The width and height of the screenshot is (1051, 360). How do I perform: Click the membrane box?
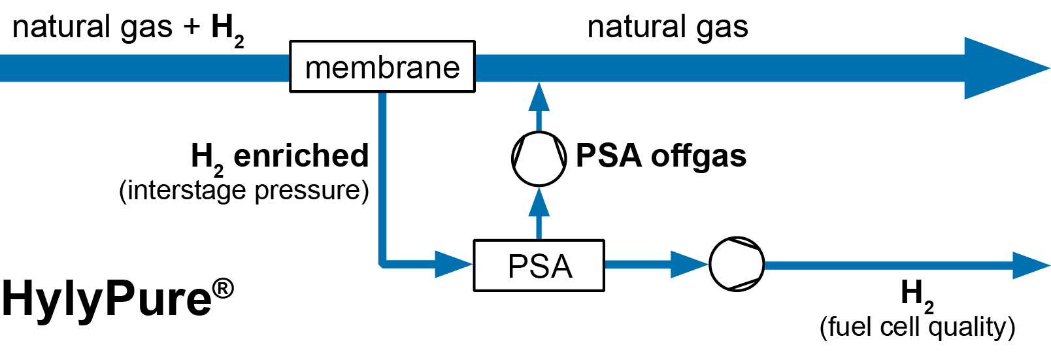click(382, 67)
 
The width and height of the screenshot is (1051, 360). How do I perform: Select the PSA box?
click(539, 265)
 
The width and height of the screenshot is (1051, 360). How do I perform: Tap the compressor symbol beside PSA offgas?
click(539, 159)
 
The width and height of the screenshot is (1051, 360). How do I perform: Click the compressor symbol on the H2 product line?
click(737, 265)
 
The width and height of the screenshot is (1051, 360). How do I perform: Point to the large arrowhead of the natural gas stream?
click(1003, 68)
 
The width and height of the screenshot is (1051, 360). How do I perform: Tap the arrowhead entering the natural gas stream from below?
click(539, 97)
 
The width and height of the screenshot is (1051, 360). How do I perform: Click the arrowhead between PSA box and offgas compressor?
click(539, 204)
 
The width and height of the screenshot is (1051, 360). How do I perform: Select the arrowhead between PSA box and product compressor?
click(689, 265)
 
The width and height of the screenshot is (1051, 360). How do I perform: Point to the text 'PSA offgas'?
click(661, 156)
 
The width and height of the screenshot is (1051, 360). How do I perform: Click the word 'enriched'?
click(301, 156)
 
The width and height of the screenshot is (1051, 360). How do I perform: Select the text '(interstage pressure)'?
click(244, 190)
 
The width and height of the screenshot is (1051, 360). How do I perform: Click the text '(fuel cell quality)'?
click(917, 326)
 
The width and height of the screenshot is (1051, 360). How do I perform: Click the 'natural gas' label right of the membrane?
click(667, 27)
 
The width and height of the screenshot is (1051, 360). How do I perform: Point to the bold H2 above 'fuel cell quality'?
click(916, 294)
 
